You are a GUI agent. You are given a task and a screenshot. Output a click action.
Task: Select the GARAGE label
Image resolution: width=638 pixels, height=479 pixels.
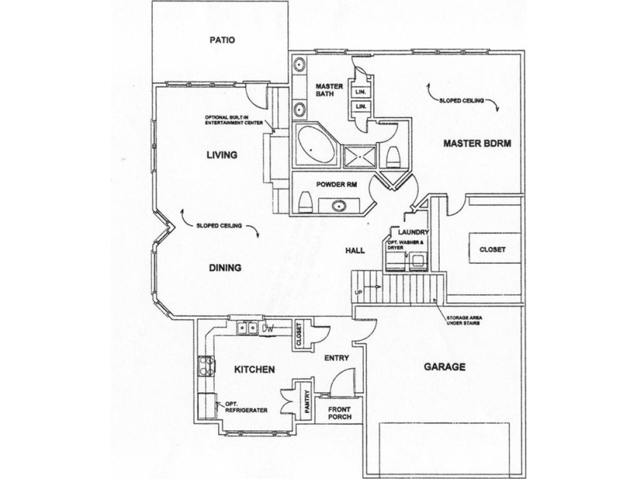(444, 366)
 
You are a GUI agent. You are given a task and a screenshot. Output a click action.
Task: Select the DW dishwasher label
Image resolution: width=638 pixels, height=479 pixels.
(267, 329)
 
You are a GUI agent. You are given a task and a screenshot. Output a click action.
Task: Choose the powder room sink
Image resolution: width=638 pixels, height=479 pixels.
(337, 205)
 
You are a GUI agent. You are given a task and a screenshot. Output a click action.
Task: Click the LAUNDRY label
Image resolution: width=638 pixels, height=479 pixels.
(414, 232)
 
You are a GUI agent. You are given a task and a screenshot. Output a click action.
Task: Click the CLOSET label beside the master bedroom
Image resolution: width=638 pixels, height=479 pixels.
(491, 249)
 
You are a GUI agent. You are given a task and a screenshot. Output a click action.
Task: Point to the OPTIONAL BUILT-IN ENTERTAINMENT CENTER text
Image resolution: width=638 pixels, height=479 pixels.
(232, 119)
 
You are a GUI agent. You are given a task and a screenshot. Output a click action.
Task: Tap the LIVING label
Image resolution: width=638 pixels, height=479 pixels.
(222, 154)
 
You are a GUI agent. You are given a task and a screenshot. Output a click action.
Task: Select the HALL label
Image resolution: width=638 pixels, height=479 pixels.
(354, 249)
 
